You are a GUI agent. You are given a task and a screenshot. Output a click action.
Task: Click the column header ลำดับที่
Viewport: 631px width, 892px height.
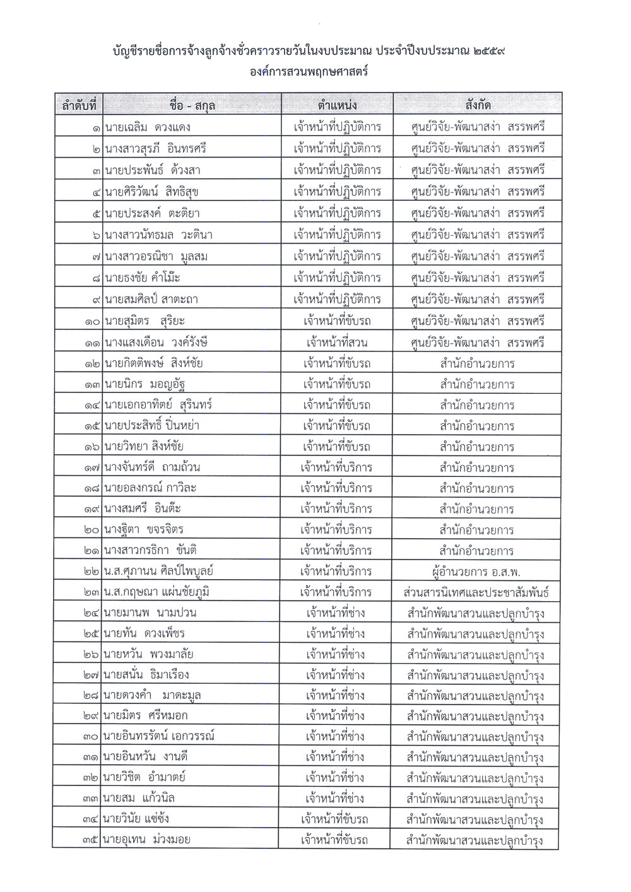pyautogui.click(x=78, y=105)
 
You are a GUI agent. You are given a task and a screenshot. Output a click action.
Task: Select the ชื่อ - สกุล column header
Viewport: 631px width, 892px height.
pyautogui.click(x=192, y=105)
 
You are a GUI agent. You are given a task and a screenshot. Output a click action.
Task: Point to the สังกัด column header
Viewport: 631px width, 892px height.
pyautogui.click(x=477, y=105)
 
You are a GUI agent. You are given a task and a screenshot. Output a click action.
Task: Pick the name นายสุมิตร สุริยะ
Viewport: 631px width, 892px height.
pyautogui.click(x=146, y=321)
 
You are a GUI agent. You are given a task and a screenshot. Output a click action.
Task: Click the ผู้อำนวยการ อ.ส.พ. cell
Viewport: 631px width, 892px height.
pyautogui.click(x=477, y=572)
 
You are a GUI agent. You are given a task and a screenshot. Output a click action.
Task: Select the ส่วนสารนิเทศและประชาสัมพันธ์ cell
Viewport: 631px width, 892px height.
pyautogui.click(x=477, y=592)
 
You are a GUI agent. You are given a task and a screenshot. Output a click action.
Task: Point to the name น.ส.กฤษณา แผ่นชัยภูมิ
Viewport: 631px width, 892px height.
pyautogui.click(x=157, y=592)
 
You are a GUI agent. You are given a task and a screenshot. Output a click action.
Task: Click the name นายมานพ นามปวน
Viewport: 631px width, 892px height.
pyautogui.click(x=151, y=613)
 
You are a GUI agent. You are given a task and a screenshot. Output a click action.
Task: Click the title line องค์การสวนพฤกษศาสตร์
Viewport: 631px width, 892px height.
pyautogui.click(x=309, y=72)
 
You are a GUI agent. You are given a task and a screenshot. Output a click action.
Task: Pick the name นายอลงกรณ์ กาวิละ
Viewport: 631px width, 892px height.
pyautogui.click(x=151, y=489)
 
